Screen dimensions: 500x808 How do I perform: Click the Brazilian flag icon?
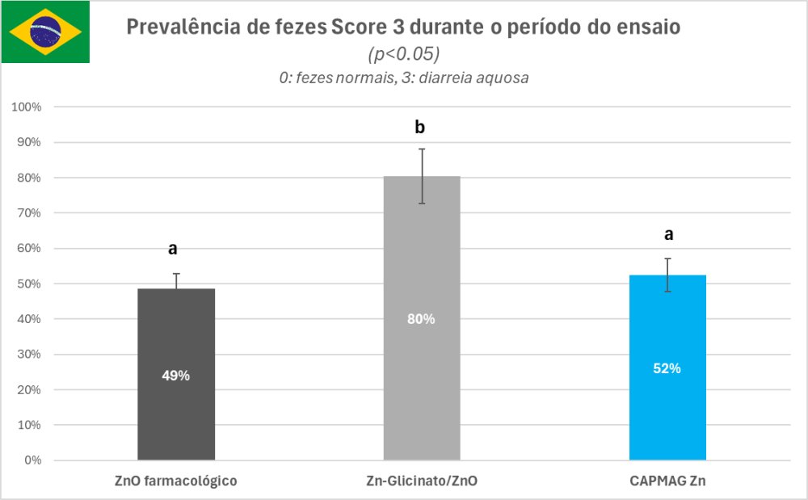pyautogui.click(x=45, y=32)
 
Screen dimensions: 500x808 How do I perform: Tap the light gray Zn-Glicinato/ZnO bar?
pyautogui.click(x=422, y=388)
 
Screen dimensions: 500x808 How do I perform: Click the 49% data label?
pyautogui.click(x=176, y=376)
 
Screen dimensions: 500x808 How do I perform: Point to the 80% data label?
pyautogui.click(x=422, y=319)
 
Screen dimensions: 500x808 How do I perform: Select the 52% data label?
pyautogui.click(x=667, y=368)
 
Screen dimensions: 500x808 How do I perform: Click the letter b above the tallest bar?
pyautogui.click(x=420, y=128)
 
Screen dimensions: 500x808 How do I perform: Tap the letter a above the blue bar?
pyautogui.click(x=668, y=234)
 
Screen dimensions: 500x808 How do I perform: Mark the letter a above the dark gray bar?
pyautogui.click(x=173, y=249)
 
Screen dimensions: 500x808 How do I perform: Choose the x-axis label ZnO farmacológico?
pyautogui.click(x=175, y=481)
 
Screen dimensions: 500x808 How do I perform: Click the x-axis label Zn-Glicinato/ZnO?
pyautogui.click(x=421, y=481)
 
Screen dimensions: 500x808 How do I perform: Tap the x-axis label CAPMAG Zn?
pyautogui.click(x=667, y=481)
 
